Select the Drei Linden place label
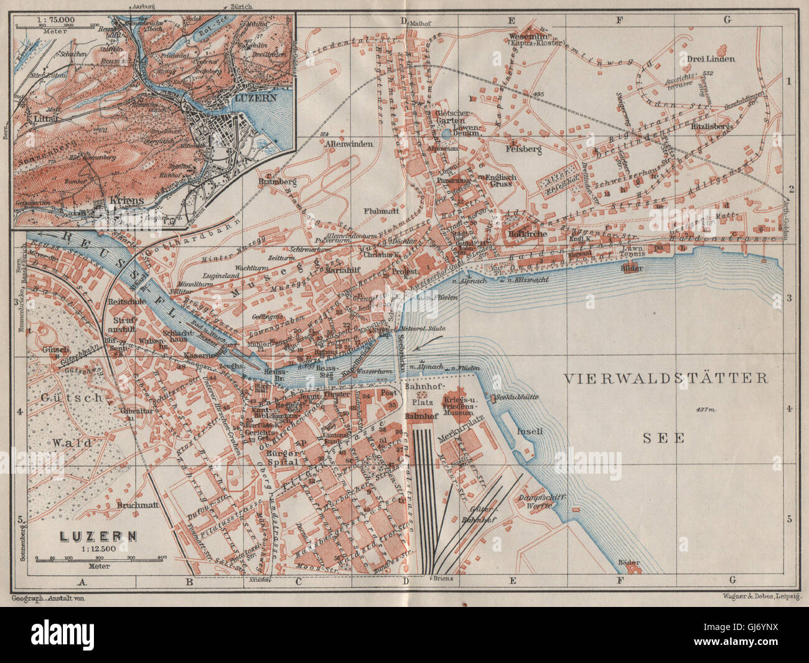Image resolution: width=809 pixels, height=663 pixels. [711, 59]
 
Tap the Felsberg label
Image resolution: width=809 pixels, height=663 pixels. [524, 150]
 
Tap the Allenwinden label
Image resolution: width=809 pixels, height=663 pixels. [348, 144]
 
